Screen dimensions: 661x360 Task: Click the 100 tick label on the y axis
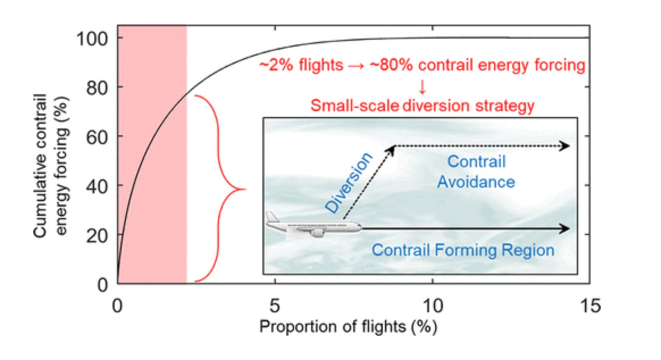[x=93, y=39]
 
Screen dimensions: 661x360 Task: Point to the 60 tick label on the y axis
[x=97, y=137]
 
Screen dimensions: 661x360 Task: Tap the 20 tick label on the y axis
[x=97, y=236]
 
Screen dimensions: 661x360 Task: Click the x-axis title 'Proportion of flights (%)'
[x=348, y=326]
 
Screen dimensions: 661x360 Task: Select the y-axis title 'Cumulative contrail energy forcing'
[x=50, y=165]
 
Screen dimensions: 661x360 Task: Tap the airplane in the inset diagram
[x=313, y=225]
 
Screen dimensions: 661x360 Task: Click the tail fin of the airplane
[x=273, y=217]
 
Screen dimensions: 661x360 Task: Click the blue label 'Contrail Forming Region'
[x=463, y=250]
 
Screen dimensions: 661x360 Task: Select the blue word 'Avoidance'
[x=476, y=182]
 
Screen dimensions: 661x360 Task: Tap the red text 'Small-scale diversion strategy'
[x=422, y=106]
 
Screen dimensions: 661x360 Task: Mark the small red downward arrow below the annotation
[x=422, y=87]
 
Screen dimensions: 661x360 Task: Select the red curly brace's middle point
[x=245, y=189]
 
